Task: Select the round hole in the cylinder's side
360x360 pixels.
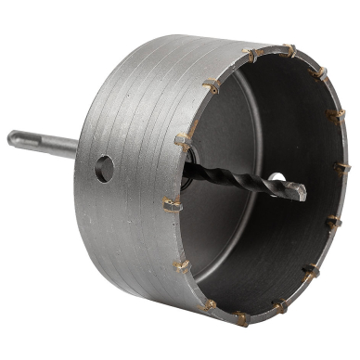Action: [x=104, y=168]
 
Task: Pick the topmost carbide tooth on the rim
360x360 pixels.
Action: [x=289, y=49]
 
